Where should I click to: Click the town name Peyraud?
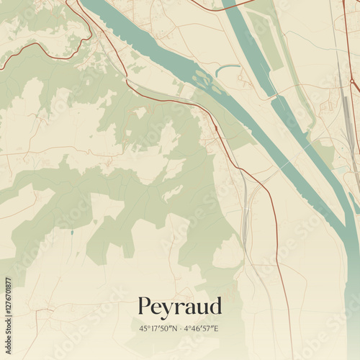coord(180,306)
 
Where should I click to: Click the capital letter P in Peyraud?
coord(144,305)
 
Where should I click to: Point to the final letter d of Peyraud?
coord(215,305)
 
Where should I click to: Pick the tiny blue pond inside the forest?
coord(71,233)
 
